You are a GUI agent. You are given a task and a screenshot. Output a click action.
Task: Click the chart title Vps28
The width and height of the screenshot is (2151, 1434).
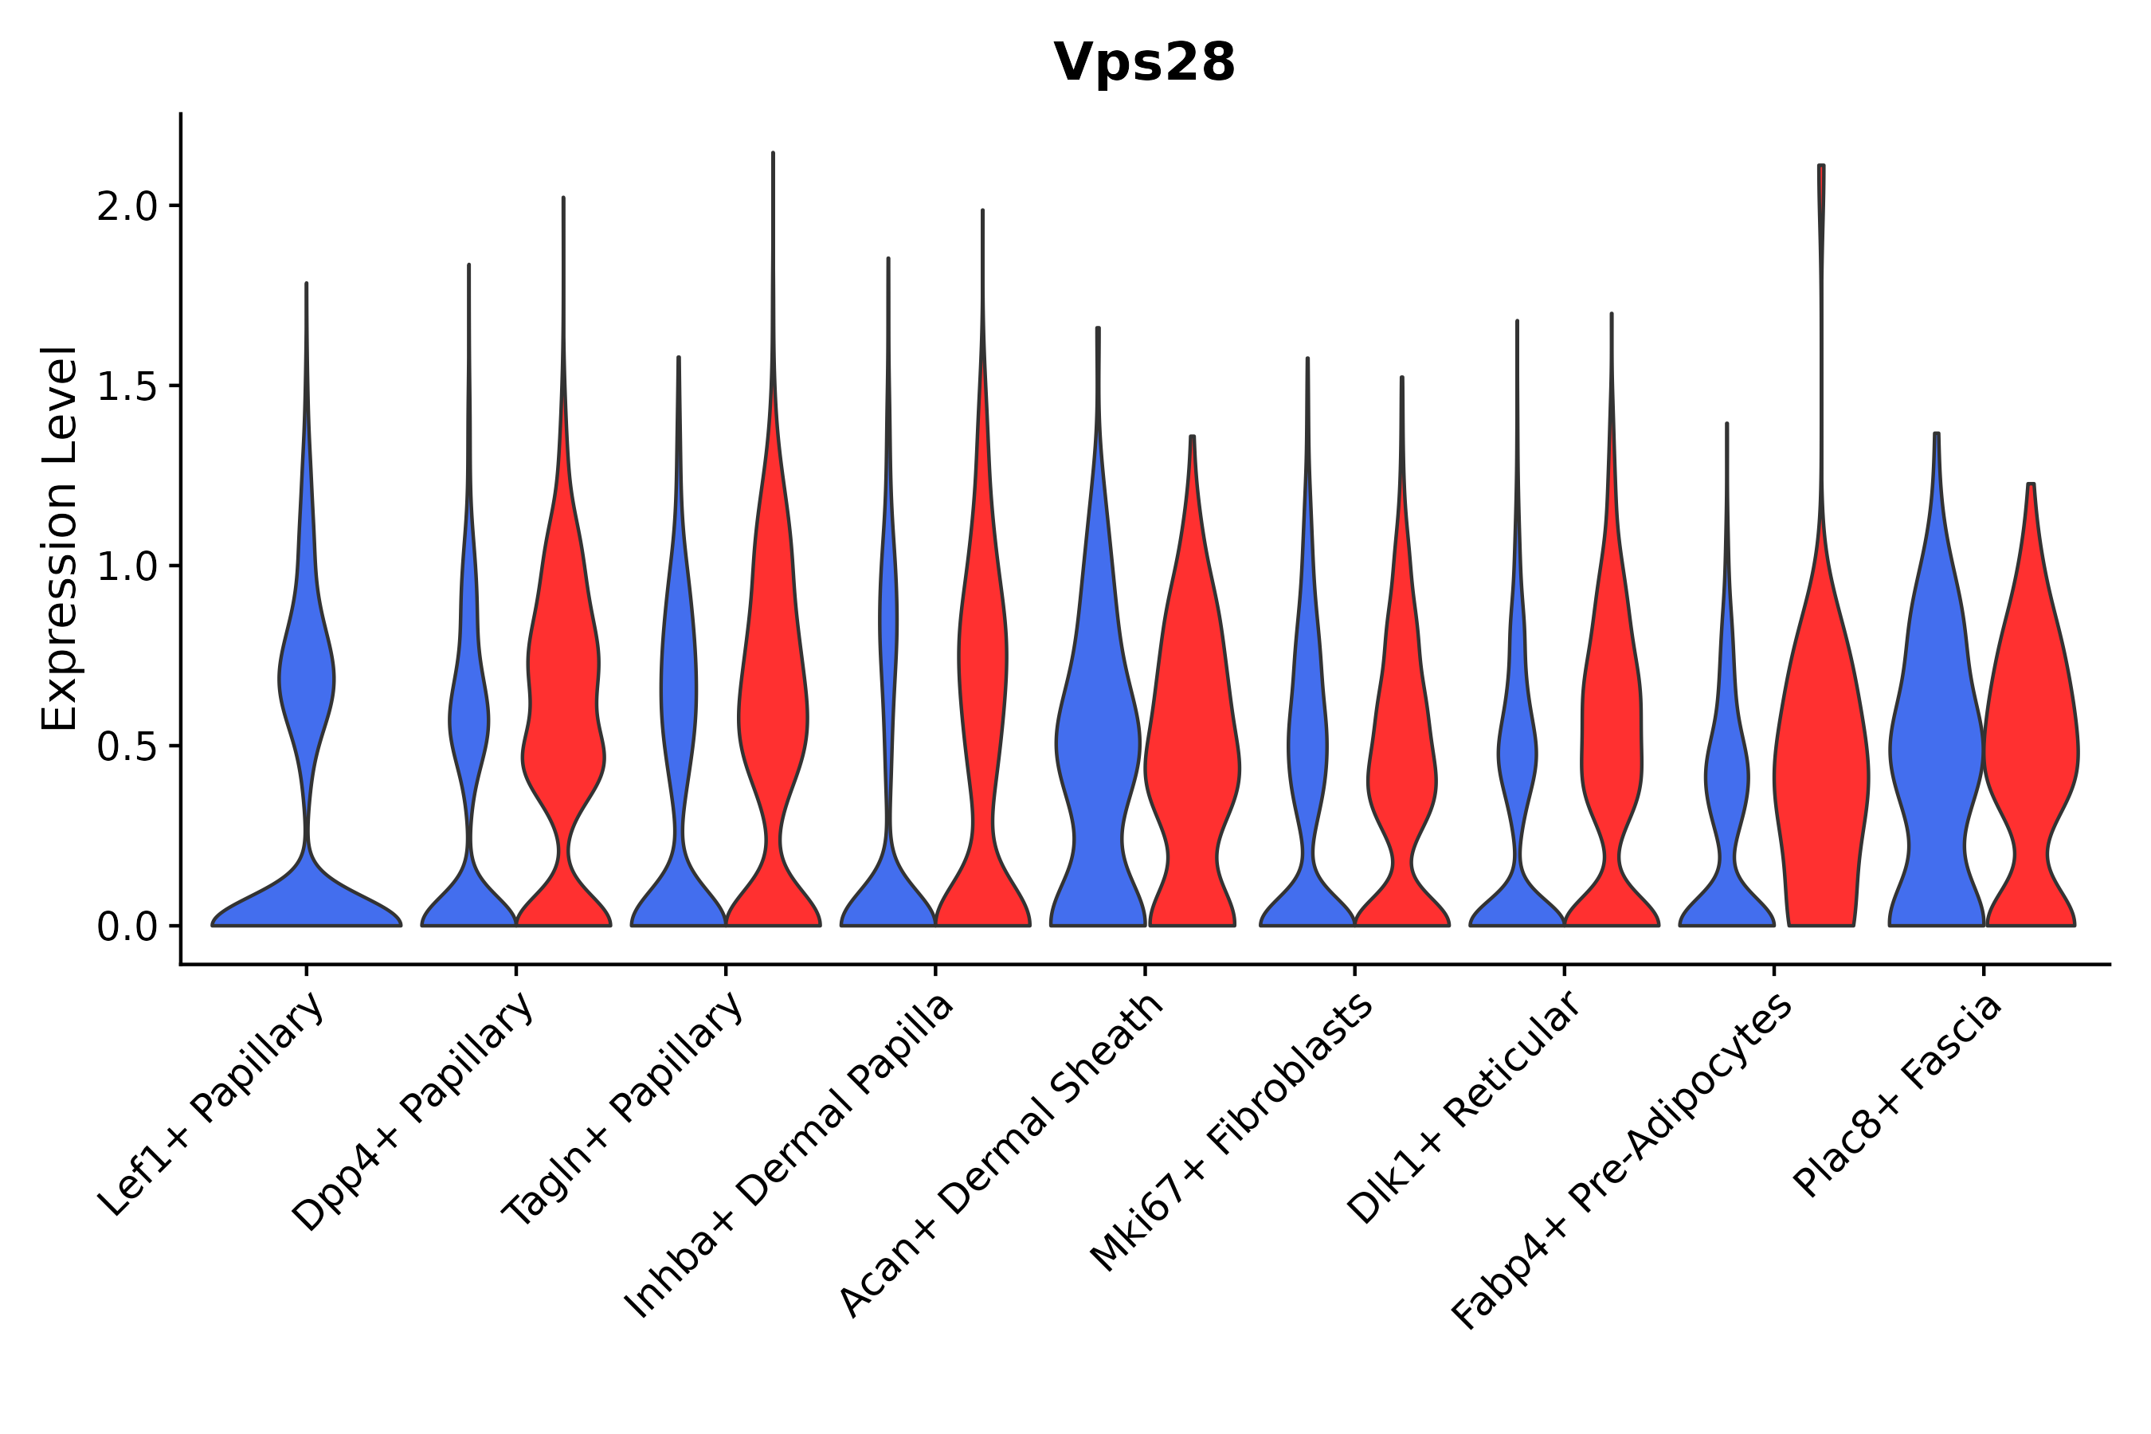pyautogui.click(x=1144, y=63)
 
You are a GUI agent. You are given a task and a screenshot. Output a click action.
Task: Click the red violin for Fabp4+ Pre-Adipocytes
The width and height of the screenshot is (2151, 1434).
pyautogui.click(x=1820, y=778)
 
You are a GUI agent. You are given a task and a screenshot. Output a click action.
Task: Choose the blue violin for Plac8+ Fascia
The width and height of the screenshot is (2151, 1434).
pyautogui.click(x=1935, y=731)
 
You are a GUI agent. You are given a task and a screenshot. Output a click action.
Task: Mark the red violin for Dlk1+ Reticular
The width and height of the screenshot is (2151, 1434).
pyautogui.click(x=1612, y=731)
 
